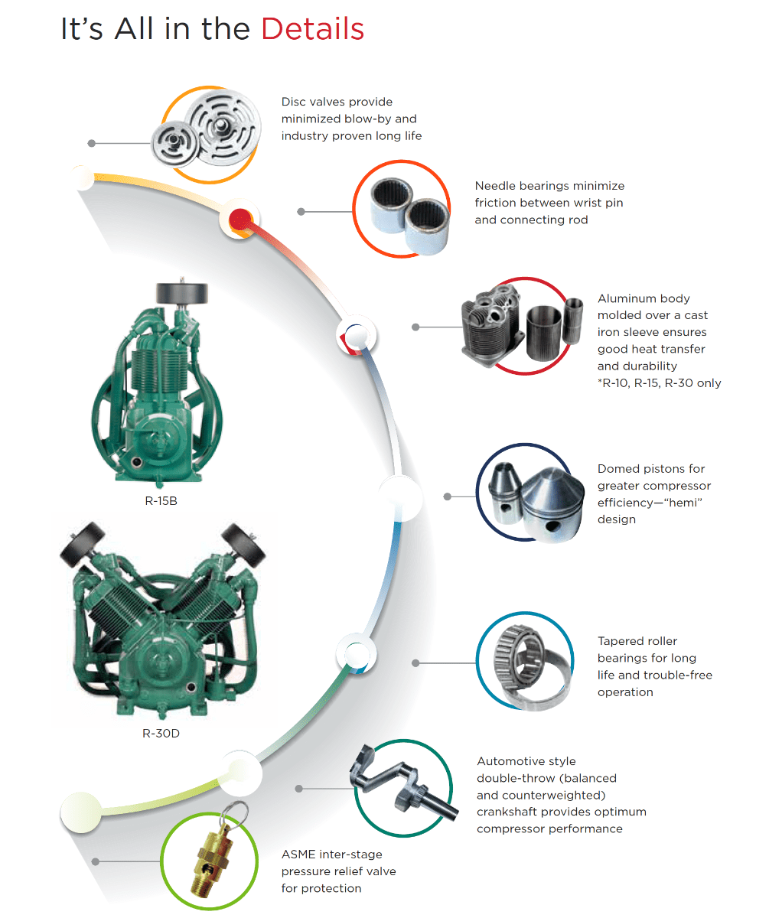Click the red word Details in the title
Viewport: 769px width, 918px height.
click(312, 29)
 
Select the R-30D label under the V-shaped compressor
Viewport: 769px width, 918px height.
click(161, 734)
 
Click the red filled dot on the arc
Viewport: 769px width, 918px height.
click(240, 220)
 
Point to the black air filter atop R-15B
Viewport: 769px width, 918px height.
click(181, 293)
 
